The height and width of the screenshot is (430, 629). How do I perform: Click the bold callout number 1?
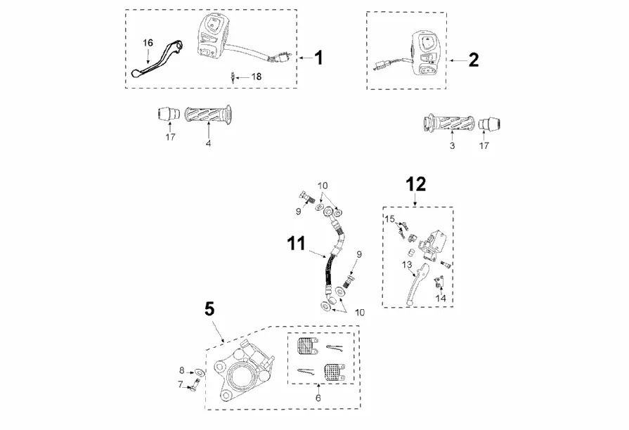pos(318,58)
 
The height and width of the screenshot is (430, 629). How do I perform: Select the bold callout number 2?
pos(473,60)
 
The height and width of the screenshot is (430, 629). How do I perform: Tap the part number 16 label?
pos(148,43)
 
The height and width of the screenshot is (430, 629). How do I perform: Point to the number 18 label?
pos(256,76)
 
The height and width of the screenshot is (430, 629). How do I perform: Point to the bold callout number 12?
pos(416,184)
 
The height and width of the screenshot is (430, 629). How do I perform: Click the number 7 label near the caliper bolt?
pos(180,384)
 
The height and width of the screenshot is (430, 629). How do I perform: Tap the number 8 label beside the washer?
pos(181,370)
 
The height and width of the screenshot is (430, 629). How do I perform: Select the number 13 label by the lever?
pos(406,264)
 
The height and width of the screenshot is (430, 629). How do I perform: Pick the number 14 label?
pos(441,298)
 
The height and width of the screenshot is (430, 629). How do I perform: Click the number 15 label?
pos(389,219)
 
